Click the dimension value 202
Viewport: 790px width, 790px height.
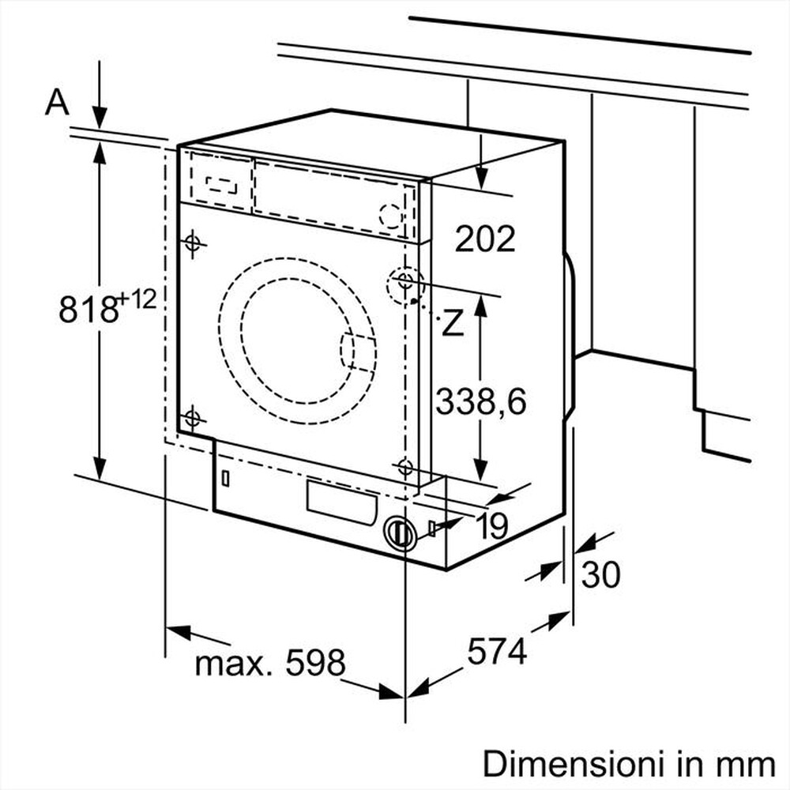(x=484, y=238)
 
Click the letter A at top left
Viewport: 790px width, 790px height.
(x=57, y=102)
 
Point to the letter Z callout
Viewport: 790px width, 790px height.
(x=452, y=324)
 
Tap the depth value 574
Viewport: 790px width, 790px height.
(x=497, y=652)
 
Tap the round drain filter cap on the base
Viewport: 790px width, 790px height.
(x=401, y=533)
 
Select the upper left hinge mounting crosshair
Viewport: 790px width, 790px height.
(x=192, y=244)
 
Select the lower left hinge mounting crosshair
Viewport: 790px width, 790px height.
(x=192, y=419)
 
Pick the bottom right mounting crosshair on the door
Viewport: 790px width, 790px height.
(x=405, y=467)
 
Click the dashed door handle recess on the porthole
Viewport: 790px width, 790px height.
(x=357, y=352)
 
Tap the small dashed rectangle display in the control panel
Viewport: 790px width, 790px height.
(x=221, y=185)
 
